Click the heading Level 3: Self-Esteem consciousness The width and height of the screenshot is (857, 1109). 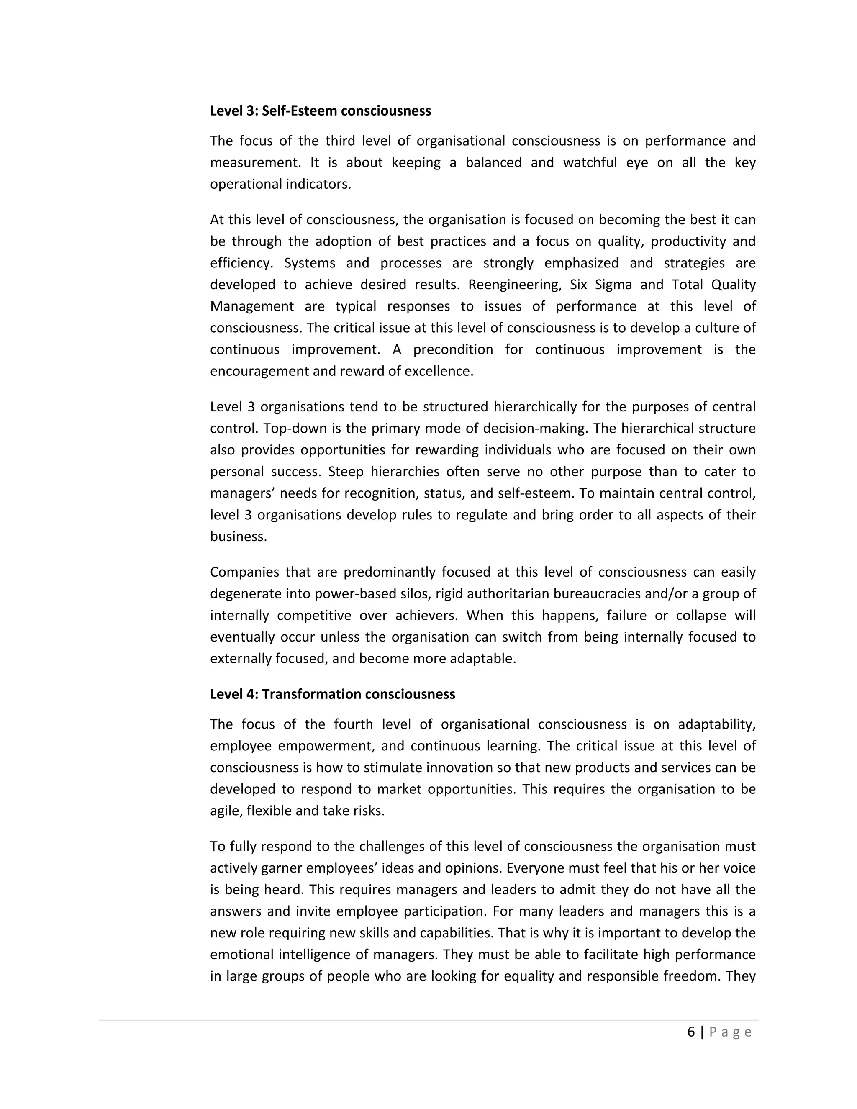321,111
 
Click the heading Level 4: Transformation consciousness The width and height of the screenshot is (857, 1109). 333,694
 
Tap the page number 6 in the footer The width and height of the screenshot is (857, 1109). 691,1032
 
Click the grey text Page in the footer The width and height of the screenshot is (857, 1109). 730,1032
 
